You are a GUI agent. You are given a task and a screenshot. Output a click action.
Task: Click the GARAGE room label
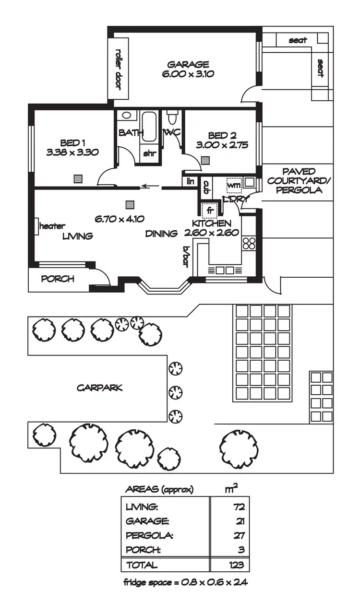click(x=188, y=64)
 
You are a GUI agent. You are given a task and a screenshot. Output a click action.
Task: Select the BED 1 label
click(x=72, y=142)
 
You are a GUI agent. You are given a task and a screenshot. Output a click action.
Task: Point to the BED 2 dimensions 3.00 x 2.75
click(x=222, y=145)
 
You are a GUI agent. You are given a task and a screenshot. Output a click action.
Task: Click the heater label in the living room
click(x=52, y=226)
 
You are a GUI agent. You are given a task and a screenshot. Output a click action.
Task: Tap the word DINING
click(x=162, y=234)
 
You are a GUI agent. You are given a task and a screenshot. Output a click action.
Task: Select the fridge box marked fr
click(x=210, y=210)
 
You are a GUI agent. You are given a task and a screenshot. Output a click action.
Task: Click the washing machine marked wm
click(x=233, y=185)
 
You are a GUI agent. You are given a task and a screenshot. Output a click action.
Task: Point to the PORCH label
click(x=58, y=279)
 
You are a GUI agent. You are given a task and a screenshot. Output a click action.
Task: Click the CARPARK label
click(x=99, y=388)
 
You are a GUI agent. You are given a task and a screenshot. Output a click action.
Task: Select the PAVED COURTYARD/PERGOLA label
click(x=298, y=180)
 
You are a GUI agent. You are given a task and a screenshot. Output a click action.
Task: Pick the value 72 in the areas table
click(x=240, y=507)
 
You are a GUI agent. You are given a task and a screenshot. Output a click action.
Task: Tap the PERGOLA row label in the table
click(x=143, y=535)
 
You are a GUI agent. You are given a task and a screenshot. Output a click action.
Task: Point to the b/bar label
click(x=187, y=254)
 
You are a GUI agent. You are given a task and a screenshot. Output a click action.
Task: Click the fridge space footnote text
click(x=185, y=583)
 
